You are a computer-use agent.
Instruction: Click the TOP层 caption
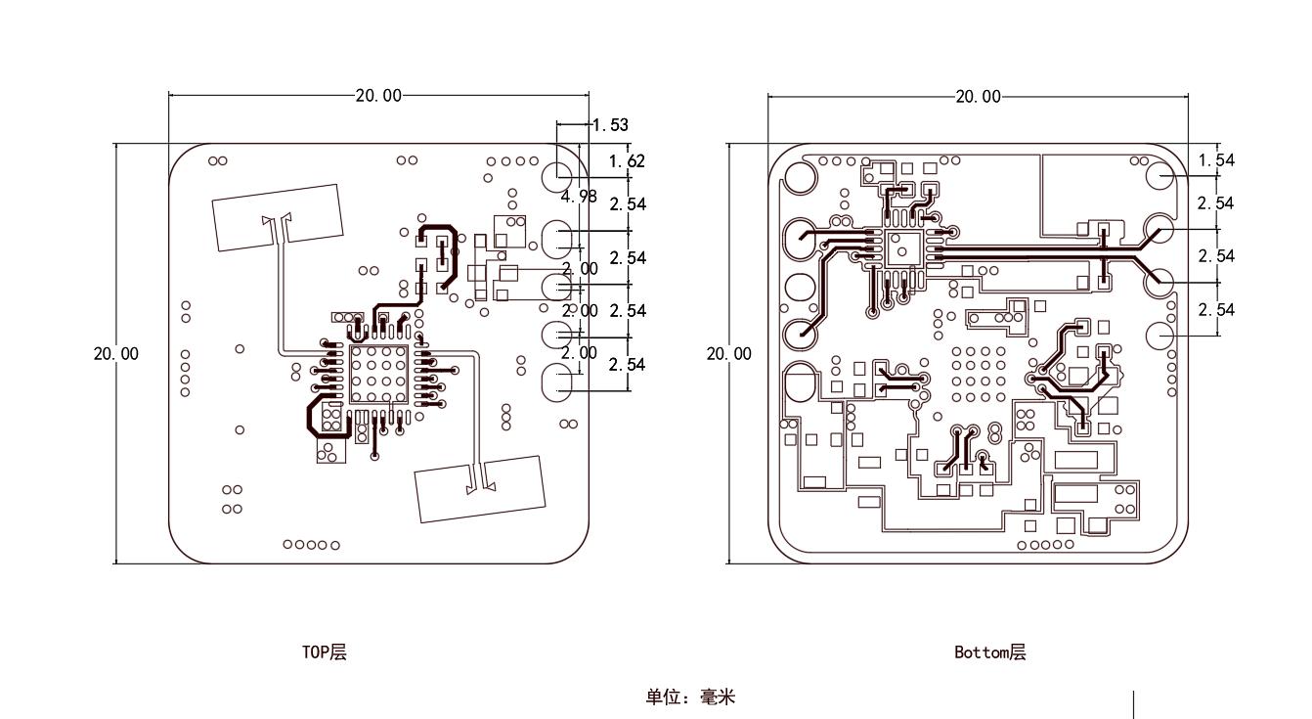coord(324,652)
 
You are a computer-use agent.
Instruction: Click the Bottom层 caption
coord(989,652)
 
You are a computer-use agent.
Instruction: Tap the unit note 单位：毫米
coord(689,697)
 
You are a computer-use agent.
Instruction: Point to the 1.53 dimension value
coord(610,125)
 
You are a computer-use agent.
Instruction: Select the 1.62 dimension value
coord(627,160)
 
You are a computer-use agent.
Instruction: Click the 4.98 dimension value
coord(579,196)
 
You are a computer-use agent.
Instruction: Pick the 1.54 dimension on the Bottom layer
coord(1216,159)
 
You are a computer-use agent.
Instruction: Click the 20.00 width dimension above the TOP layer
coord(377,95)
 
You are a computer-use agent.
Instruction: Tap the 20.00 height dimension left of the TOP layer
coord(115,354)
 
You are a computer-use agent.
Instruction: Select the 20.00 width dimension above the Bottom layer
coord(978,96)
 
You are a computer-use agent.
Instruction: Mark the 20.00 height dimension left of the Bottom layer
coord(729,354)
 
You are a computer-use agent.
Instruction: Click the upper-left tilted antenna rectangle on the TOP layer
coord(279,217)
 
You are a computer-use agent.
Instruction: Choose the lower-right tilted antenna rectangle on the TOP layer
coord(480,488)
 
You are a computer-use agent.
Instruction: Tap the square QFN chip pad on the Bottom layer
coord(903,248)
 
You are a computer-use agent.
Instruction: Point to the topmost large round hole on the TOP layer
coord(558,176)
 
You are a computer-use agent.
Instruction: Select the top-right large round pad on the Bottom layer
coord(1160,176)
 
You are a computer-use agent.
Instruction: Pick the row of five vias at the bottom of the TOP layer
coord(311,545)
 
